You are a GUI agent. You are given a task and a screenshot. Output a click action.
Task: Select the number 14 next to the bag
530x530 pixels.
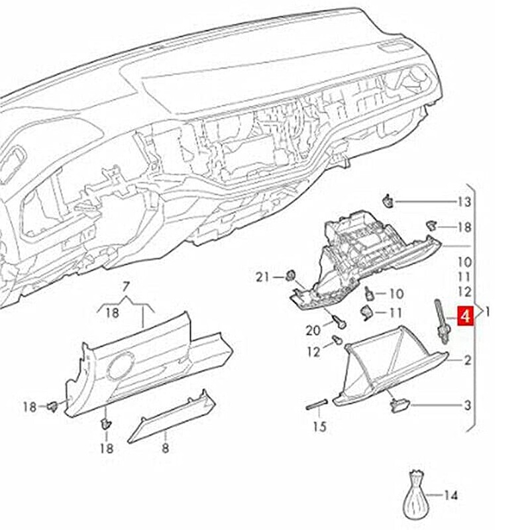point(450,495)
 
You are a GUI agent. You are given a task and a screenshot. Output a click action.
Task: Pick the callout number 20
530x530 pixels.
point(313,330)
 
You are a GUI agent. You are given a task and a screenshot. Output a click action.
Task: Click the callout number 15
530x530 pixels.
point(319,427)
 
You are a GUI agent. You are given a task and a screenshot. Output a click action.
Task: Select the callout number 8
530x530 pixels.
point(165,449)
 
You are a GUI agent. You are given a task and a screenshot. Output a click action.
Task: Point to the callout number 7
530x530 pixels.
point(126,286)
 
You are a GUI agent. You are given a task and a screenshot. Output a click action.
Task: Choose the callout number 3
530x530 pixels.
point(467,405)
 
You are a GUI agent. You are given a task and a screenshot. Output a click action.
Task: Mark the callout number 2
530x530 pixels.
point(467,361)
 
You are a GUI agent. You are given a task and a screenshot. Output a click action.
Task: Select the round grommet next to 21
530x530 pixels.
point(291,275)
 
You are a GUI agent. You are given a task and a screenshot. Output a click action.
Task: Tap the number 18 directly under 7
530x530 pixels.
point(113,313)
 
